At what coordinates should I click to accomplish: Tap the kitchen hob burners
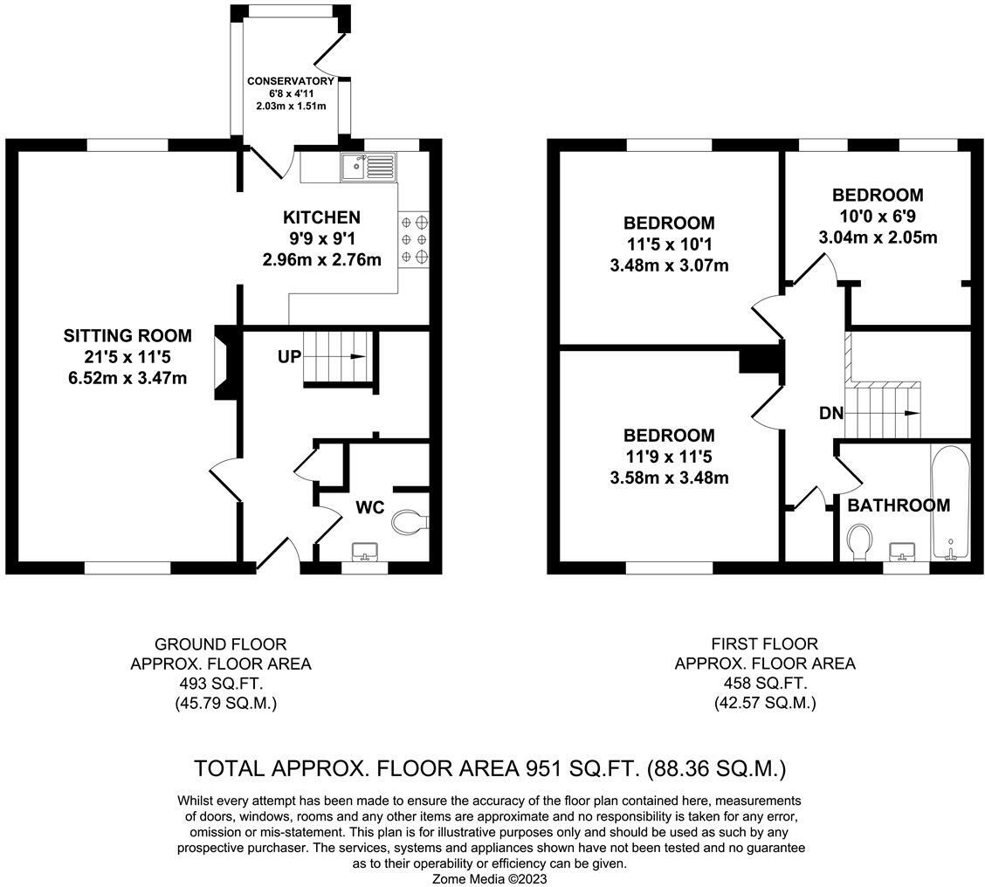[x=414, y=238]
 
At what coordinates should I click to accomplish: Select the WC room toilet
[x=408, y=522]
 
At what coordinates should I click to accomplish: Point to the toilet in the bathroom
[x=858, y=541]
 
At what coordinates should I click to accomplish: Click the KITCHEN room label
[x=321, y=217]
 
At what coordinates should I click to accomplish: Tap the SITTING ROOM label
[x=127, y=336]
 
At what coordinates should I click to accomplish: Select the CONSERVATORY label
[x=291, y=81]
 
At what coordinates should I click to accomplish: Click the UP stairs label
[x=290, y=357]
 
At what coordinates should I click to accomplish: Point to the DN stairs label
[x=831, y=413]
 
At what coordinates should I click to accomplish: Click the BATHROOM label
[x=899, y=505]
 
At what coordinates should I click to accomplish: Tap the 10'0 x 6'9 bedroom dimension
[x=877, y=217]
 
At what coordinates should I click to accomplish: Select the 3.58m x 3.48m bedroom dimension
[x=669, y=478]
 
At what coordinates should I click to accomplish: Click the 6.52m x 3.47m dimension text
[x=127, y=378]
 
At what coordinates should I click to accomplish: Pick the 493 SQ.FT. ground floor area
[x=220, y=684]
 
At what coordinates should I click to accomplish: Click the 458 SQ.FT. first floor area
[x=765, y=684]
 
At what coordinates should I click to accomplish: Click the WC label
[x=370, y=508]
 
